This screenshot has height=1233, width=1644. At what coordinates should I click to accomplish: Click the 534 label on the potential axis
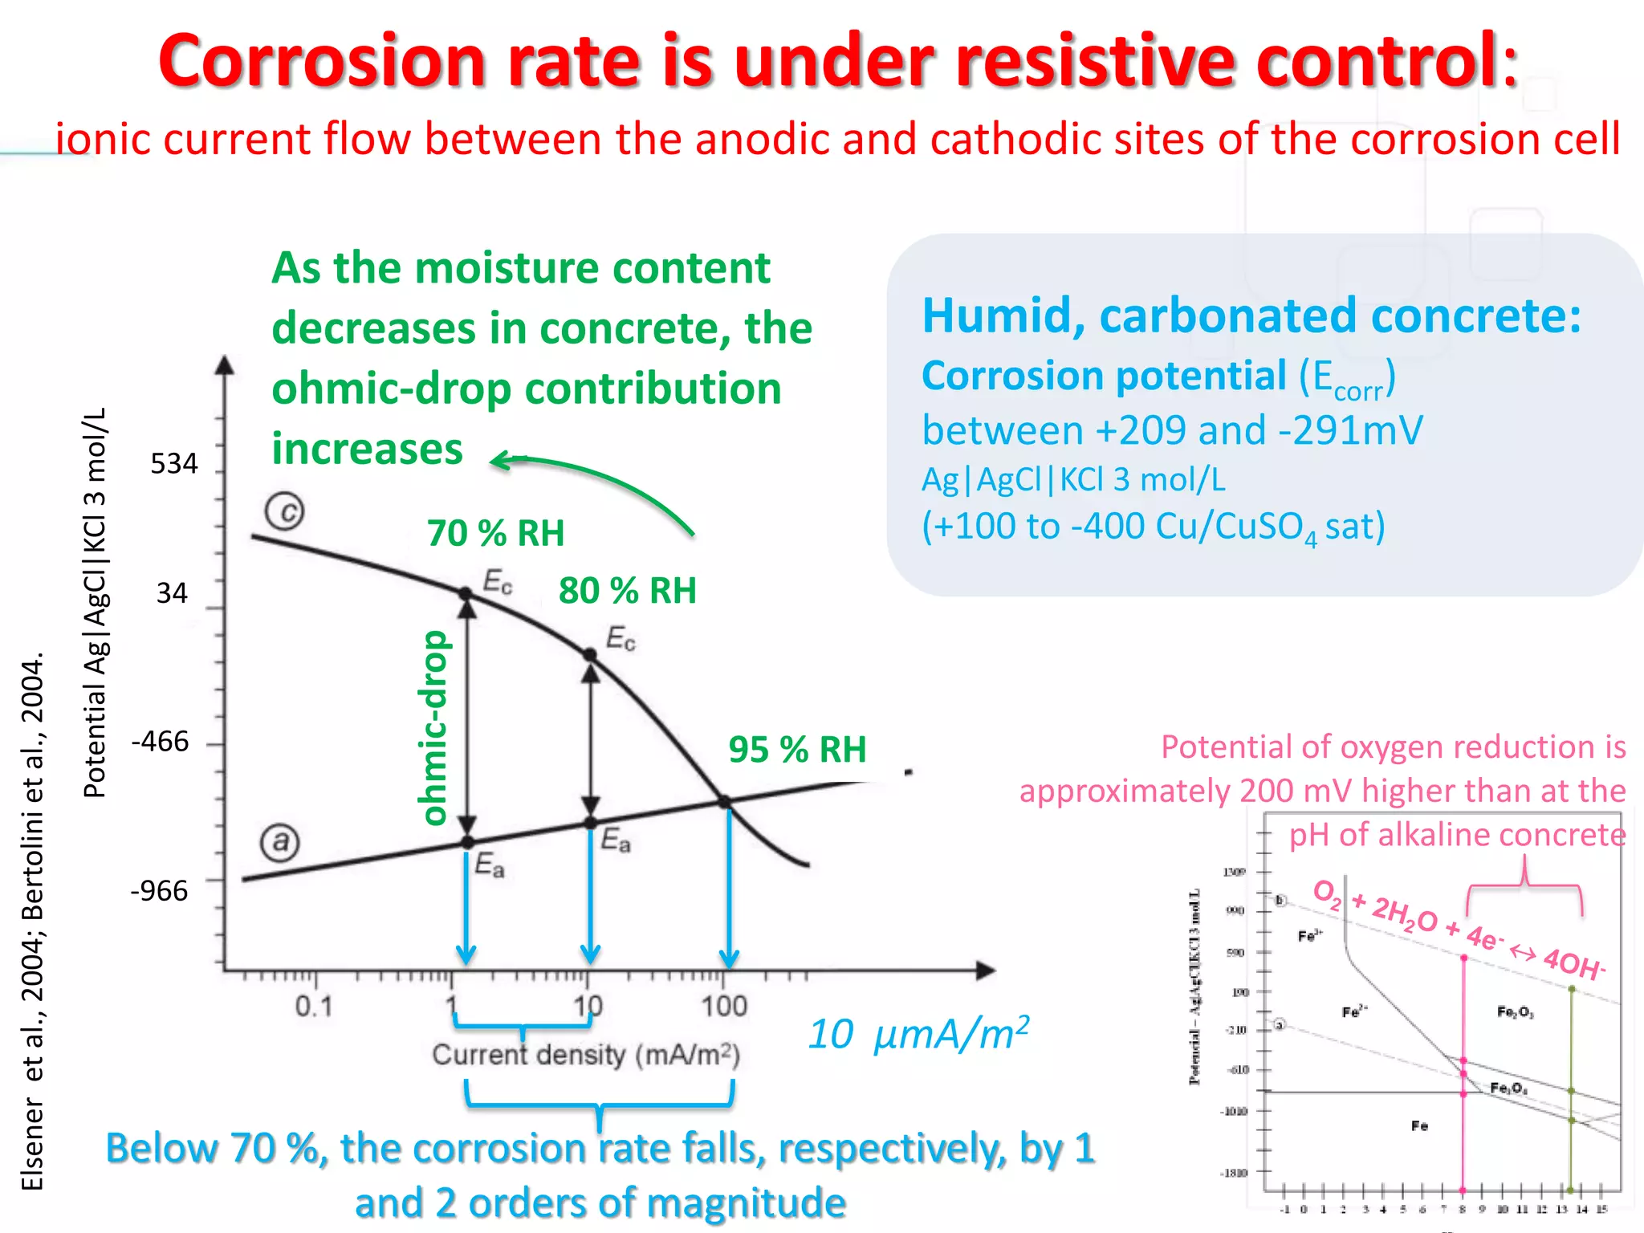click(174, 464)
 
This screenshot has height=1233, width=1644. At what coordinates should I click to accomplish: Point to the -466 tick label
click(161, 741)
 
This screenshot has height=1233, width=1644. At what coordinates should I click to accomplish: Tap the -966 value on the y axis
click(159, 890)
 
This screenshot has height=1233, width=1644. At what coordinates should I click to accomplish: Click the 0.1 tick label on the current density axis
click(313, 1006)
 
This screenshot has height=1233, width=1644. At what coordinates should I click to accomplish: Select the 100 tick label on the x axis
click(724, 1006)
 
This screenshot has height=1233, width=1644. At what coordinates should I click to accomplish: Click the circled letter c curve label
click(285, 511)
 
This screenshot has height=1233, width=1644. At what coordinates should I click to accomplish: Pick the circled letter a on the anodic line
click(280, 842)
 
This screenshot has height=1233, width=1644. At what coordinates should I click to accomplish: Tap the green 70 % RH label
click(495, 533)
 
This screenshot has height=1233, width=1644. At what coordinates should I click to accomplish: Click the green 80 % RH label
click(627, 591)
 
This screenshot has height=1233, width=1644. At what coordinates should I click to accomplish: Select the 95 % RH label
click(797, 750)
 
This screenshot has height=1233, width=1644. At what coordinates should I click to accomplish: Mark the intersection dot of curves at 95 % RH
click(724, 802)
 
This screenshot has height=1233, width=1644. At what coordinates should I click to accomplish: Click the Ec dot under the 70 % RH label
click(466, 594)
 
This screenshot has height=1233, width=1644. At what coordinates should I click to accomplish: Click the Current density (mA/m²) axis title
click(585, 1055)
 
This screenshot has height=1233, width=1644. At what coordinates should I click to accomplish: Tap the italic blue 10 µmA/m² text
click(918, 1034)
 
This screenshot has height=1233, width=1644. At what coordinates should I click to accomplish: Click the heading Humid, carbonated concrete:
click(1251, 315)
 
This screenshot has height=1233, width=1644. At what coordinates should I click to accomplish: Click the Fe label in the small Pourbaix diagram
click(1419, 1126)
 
